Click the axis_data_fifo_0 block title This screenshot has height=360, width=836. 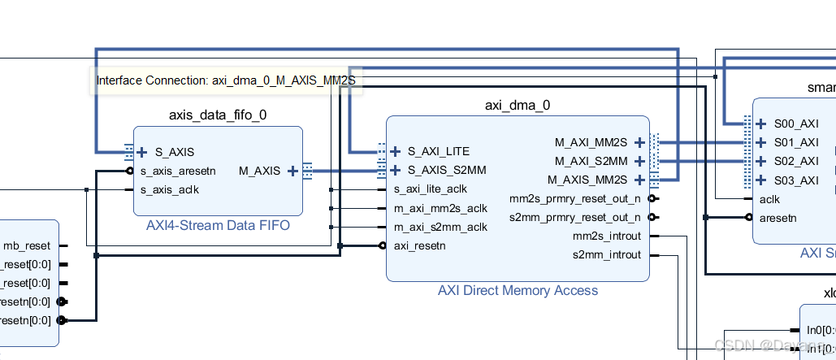tap(217, 115)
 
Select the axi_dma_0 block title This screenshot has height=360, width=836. tap(517, 105)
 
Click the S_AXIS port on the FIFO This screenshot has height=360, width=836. tap(175, 152)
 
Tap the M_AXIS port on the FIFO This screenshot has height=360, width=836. tap(259, 171)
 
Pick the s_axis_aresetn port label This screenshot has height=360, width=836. tap(177, 171)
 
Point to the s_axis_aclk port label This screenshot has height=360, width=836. tap(169, 189)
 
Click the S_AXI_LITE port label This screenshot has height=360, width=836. tap(438, 151)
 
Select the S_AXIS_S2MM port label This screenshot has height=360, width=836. tap(446, 170)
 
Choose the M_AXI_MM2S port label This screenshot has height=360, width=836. tap(591, 142)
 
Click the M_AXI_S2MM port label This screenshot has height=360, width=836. tap(591, 161)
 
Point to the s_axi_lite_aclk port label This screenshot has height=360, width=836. tap(431, 189)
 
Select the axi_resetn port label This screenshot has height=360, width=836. tap(418, 245)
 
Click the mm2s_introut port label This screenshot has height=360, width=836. tap(606, 236)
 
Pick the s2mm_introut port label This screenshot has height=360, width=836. tap(606, 254)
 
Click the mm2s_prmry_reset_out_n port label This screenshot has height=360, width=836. tap(574, 198)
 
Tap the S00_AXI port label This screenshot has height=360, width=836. tap(795, 124)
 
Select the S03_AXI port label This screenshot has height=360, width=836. tap(795, 180)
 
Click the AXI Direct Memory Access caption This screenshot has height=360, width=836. tap(518, 290)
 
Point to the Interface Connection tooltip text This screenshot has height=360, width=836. tap(226, 80)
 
